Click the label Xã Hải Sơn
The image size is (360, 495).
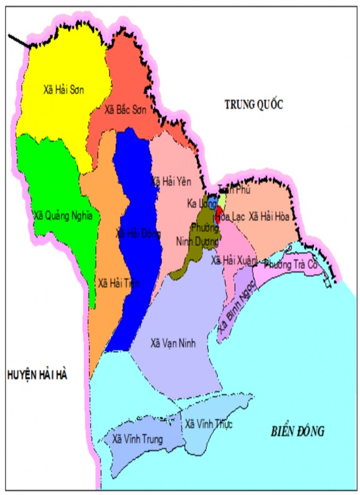click(x=64, y=90)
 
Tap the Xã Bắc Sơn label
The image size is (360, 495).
click(x=126, y=110)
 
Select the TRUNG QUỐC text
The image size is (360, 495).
click(x=253, y=105)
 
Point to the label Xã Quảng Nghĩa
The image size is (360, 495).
click(x=63, y=216)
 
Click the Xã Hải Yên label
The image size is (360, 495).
click(x=170, y=181)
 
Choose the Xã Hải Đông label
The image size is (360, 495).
click(x=138, y=234)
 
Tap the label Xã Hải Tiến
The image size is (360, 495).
click(x=118, y=283)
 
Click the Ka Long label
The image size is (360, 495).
click(x=199, y=204)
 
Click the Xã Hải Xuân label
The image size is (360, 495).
click(x=233, y=260)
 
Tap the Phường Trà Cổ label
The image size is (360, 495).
click(x=291, y=264)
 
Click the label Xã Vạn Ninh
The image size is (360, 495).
click(x=174, y=343)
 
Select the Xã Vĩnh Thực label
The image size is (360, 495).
click(x=209, y=425)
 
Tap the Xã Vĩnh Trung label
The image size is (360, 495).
click(x=138, y=439)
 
